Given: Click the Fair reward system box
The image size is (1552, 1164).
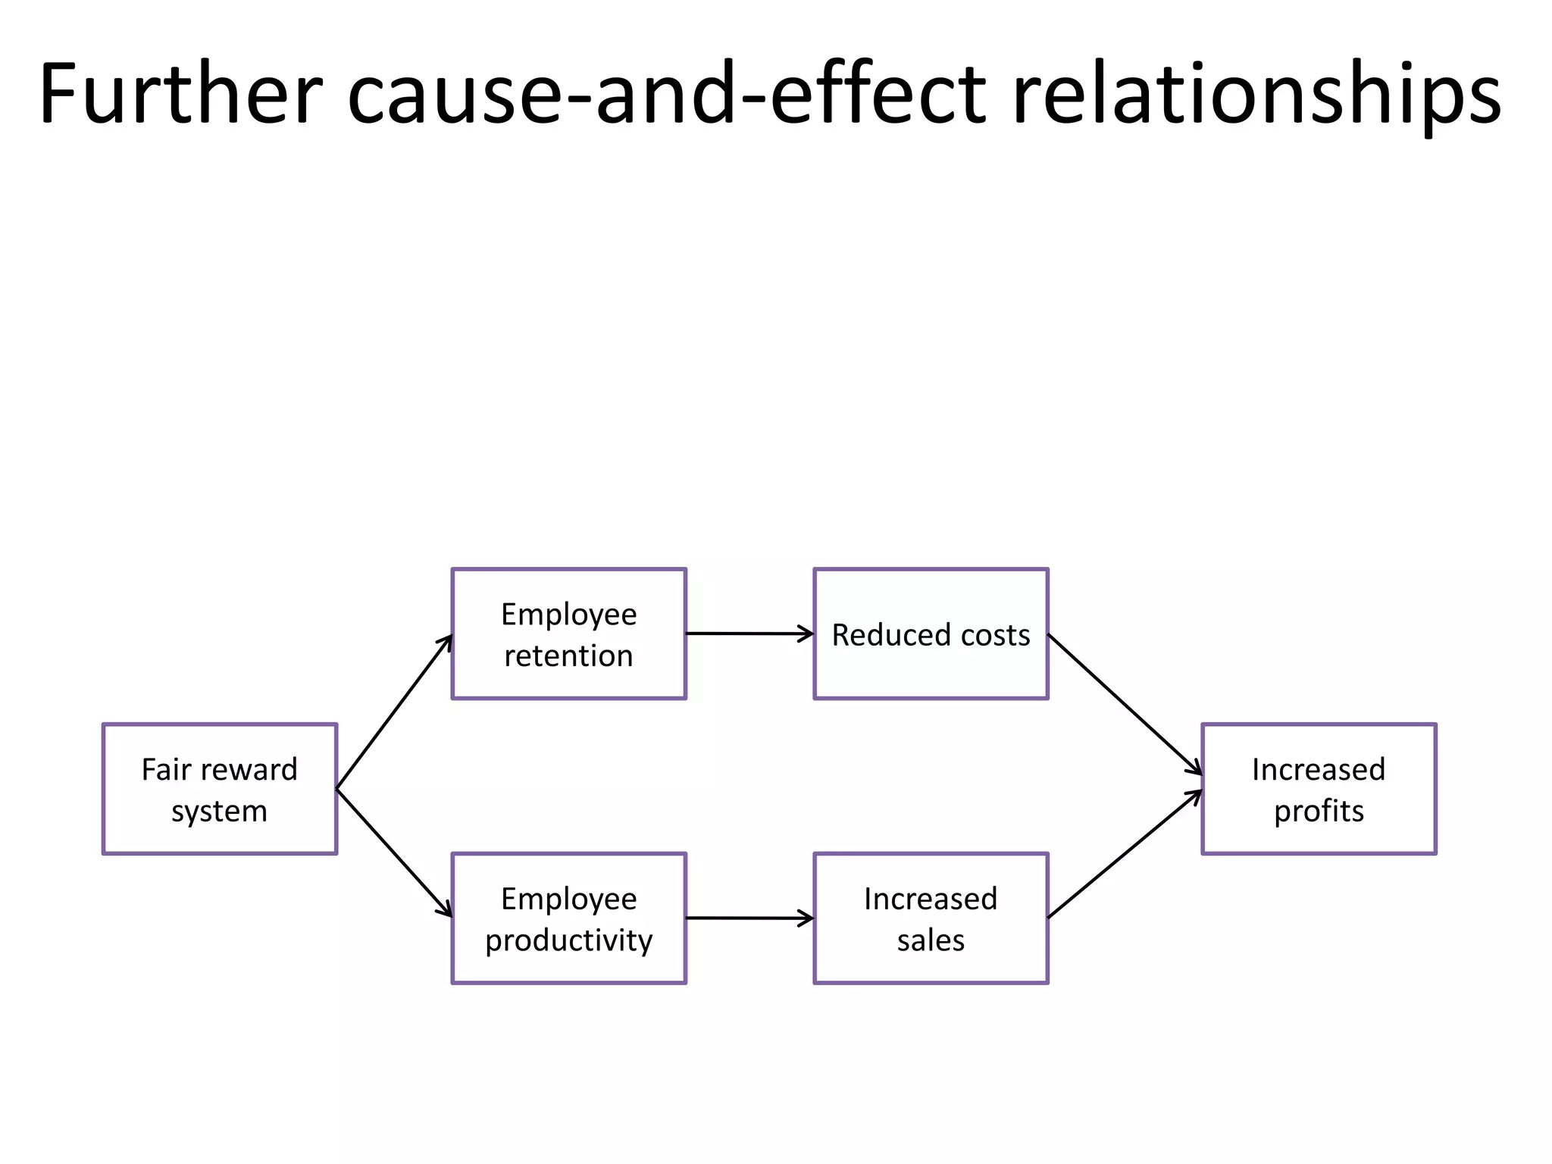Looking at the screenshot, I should coord(220,789).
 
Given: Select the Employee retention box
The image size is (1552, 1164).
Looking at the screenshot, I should coord(568,634).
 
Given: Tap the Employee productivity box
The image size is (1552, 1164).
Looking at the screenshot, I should coord(568,918).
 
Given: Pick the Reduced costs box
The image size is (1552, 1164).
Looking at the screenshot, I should coord(931,634).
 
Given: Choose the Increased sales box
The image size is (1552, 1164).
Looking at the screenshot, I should coord(931,918).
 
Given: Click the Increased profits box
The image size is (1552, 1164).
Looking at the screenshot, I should coord(1319,789).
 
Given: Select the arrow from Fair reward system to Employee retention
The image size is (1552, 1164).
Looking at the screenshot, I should coord(394,712).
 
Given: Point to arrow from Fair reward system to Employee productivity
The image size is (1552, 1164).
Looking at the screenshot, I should coord(394,853).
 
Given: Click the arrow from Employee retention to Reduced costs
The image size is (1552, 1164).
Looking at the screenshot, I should coord(749,634).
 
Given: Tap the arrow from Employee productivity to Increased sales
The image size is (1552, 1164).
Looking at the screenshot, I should coord(749,918).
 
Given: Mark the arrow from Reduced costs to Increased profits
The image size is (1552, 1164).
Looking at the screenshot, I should coord(1125,704).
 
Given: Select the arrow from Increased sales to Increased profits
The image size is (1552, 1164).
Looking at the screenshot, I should coord(1125,854).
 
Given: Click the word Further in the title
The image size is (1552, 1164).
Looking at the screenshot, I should coord(180,94).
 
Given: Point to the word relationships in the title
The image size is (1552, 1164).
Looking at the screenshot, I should coord(1256,94).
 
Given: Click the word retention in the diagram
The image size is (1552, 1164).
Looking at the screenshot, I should coord(568,656).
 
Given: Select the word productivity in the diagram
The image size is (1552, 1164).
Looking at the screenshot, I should coord(568,940).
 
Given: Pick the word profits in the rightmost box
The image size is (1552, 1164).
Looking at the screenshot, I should coord(1319,811).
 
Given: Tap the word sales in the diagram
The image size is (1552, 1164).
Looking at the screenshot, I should coord(931,940).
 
